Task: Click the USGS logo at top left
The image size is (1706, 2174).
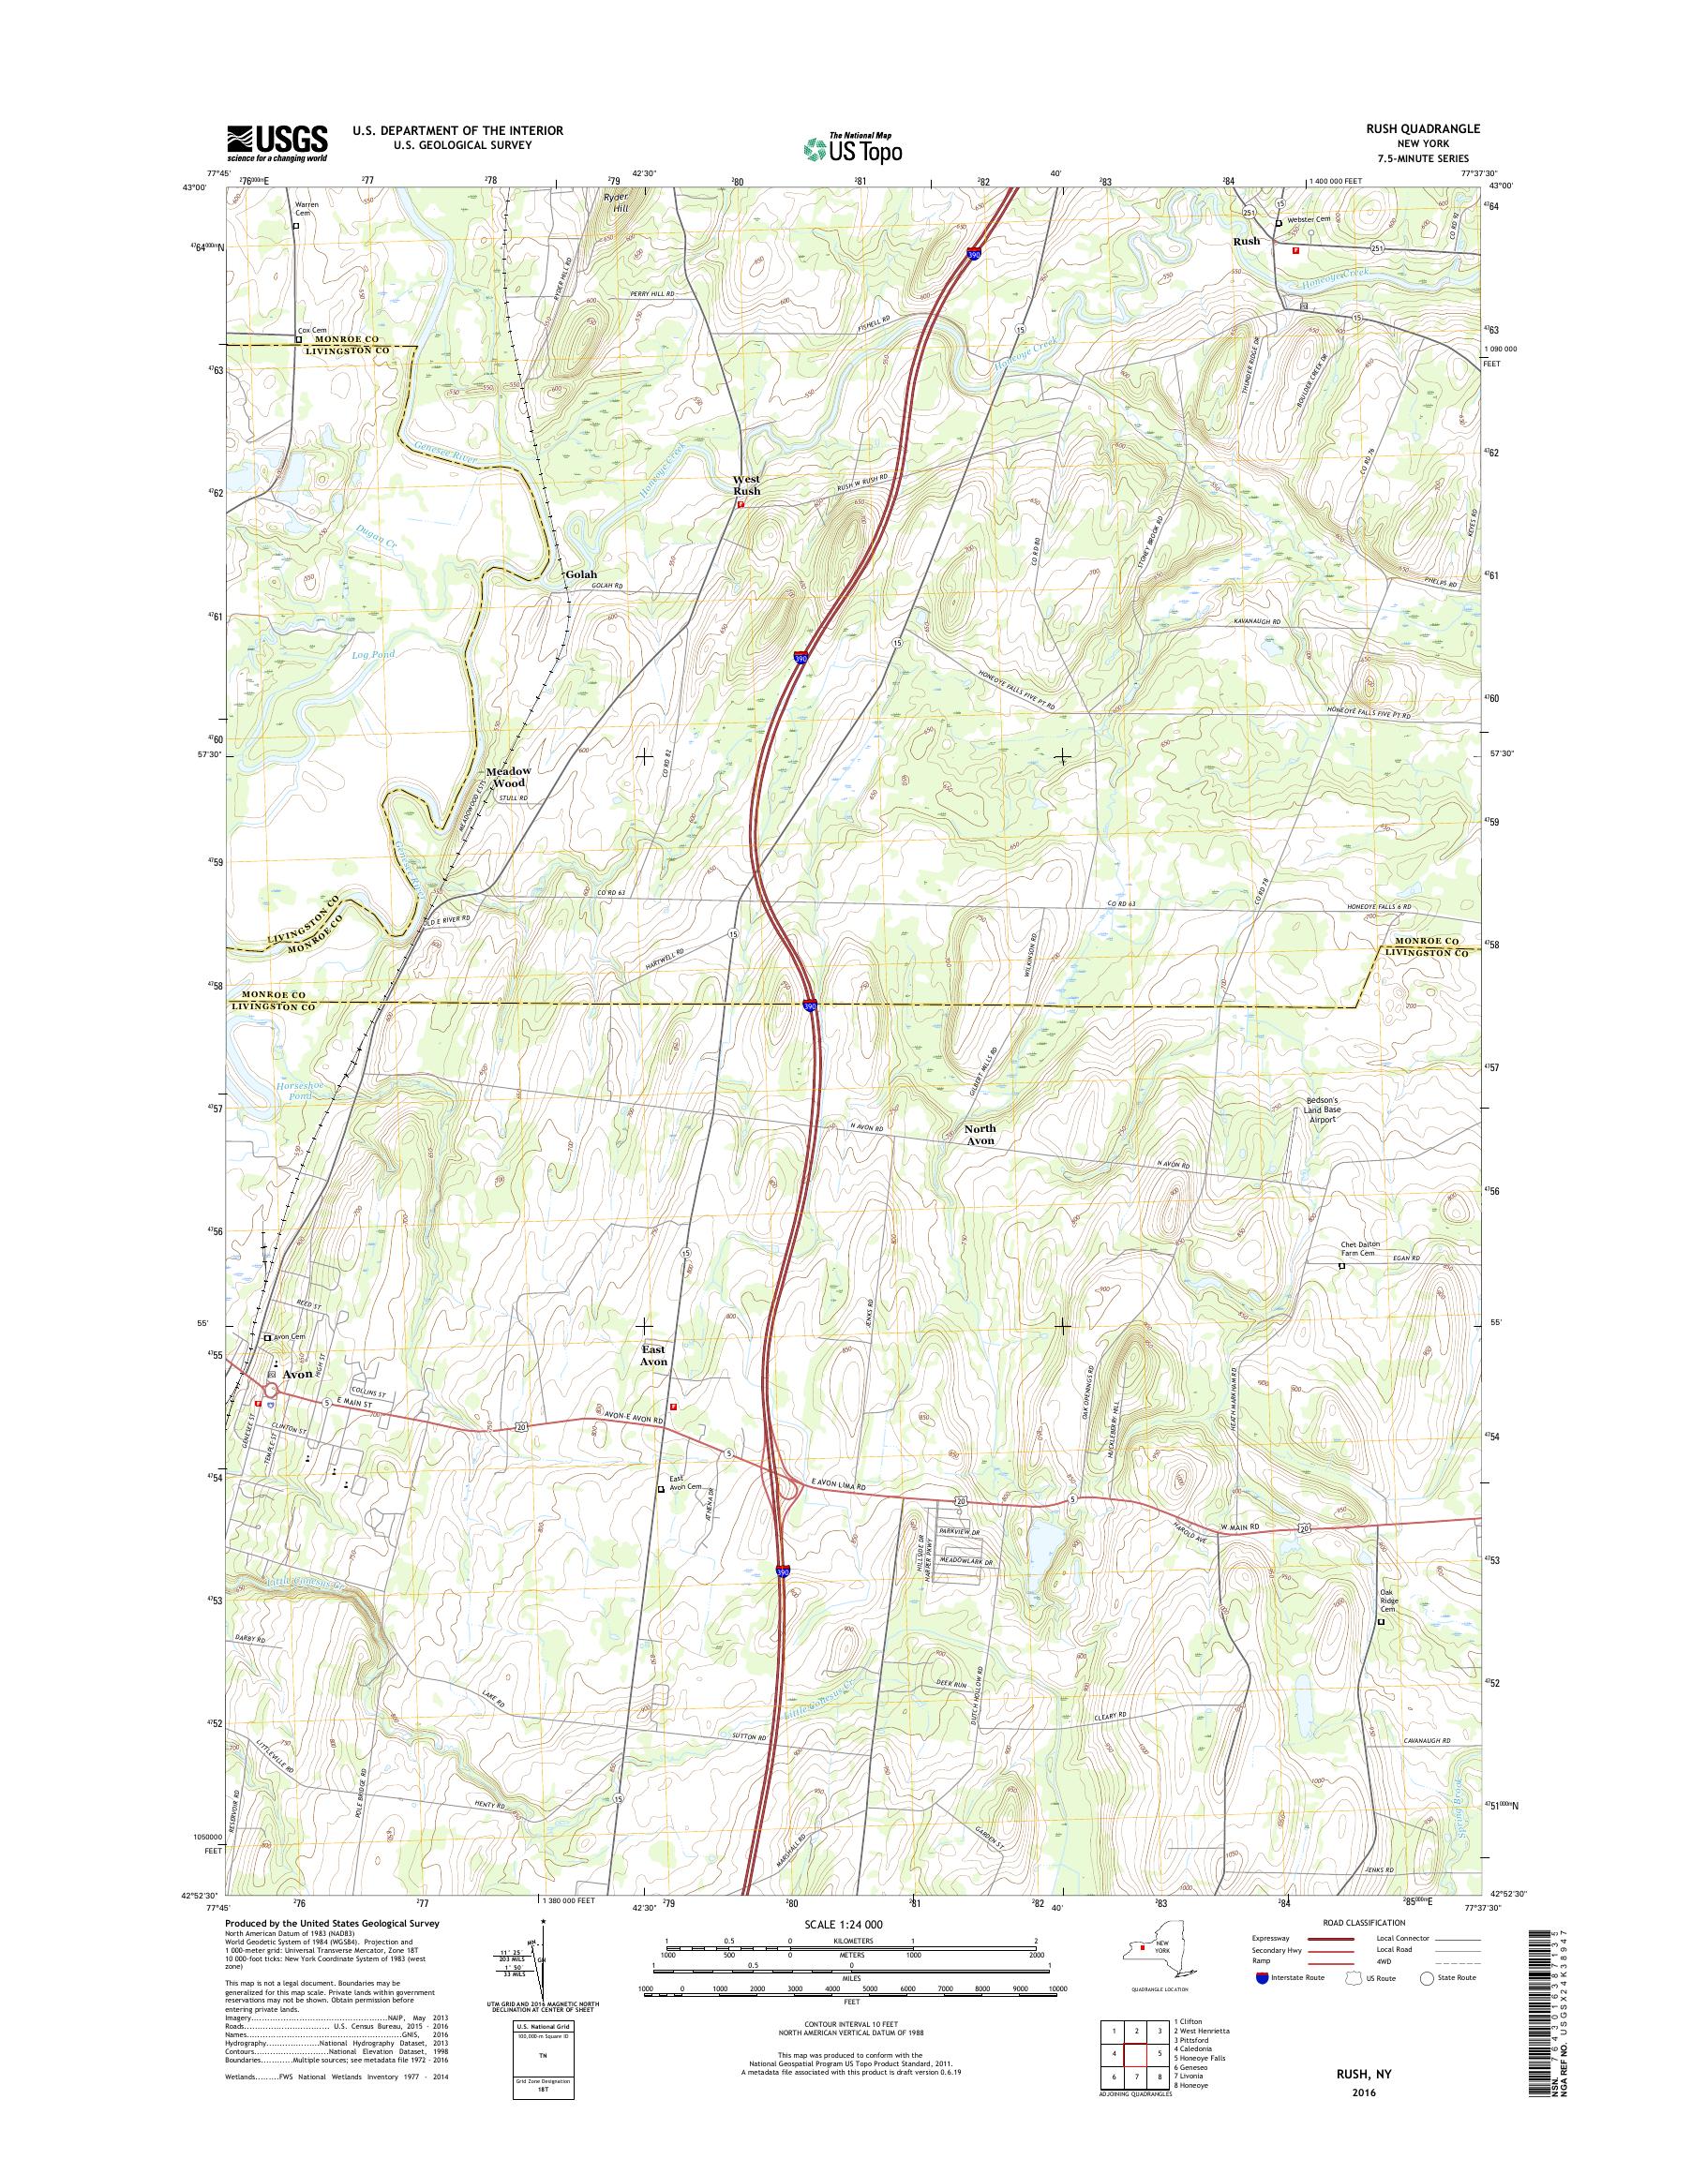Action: click(277, 141)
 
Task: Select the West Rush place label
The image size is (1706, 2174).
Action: click(746, 485)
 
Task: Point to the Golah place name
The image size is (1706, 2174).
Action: click(580, 575)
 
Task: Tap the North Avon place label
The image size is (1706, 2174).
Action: click(980, 1135)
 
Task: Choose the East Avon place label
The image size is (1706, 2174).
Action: click(653, 1354)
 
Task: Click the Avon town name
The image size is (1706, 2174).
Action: click(298, 1374)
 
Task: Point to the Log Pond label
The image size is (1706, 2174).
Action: click(374, 655)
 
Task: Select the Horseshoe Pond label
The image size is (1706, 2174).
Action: click(294, 1091)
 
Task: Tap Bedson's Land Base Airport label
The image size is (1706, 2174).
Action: click(1321, 1111)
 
